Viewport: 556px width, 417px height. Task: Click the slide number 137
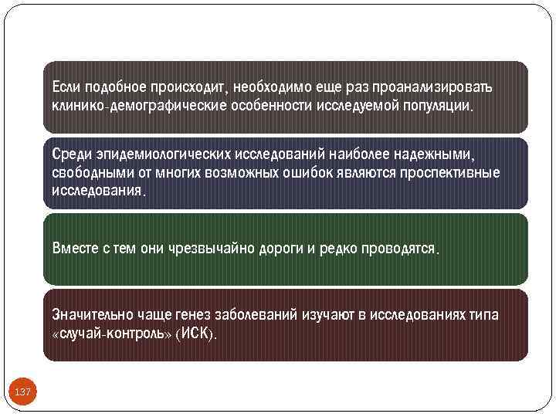pyautogui.click(x=23, y=392)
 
